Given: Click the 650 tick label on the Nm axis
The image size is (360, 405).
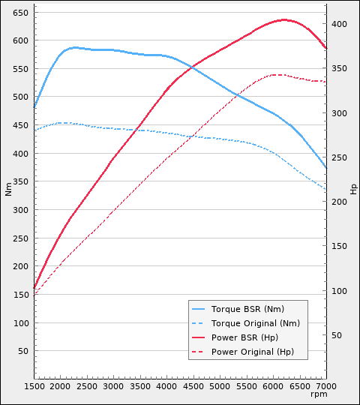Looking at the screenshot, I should click(21, 13).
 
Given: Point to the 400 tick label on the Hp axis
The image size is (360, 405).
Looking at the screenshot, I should click(339, 24).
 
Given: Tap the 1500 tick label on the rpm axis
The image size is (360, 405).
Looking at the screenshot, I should click(34, 386).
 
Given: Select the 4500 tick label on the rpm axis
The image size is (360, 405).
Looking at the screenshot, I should click(193, 386).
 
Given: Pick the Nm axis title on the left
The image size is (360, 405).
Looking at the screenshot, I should click(8, 190).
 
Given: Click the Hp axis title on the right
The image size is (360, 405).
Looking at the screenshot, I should click(353, 188).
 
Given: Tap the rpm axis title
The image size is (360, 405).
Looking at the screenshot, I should click(319, 394).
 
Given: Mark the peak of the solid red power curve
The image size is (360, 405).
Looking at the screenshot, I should click(284, 19).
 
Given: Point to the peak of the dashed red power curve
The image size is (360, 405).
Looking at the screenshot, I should click(277, 74).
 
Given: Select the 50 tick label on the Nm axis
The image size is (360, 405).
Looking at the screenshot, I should click(23, 351).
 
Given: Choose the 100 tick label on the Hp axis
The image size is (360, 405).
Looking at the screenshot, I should click(339, 291).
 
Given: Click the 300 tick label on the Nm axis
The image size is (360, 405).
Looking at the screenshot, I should click(21, 210).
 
